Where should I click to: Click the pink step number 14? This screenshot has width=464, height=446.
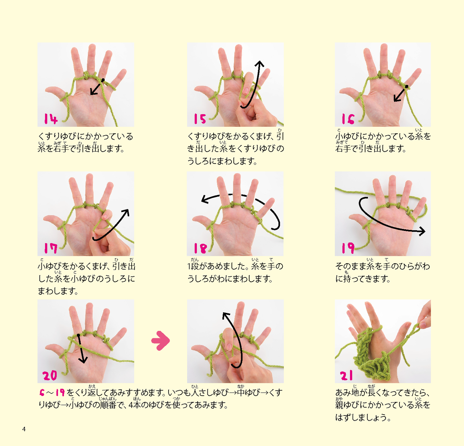51,119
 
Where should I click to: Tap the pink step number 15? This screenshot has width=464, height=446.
200,119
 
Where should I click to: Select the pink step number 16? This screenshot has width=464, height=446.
348,119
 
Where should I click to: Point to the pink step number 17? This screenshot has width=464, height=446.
50,248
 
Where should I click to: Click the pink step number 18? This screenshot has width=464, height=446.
200,248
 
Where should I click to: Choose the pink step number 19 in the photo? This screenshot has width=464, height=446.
348,248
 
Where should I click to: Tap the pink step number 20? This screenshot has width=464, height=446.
50,375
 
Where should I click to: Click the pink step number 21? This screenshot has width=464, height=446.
346,375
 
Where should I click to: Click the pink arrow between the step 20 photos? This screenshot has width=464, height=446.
161,341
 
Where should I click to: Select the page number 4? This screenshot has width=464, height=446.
24,429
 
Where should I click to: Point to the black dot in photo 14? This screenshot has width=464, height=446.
103,80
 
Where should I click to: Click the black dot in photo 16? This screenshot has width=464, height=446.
407,87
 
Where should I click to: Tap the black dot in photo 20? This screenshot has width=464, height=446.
78,335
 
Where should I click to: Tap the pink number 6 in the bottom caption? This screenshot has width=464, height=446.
42,392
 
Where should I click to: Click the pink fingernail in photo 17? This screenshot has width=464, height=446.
104,217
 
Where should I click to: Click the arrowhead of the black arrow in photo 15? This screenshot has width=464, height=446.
259,64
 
